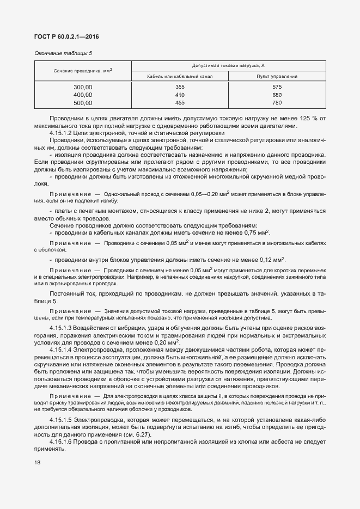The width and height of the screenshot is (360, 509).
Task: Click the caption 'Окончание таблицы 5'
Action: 63,53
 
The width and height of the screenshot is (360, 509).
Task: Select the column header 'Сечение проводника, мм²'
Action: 83,71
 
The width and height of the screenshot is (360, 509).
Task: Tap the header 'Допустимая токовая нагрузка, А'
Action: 228,65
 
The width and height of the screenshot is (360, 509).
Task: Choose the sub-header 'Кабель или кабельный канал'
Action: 180,77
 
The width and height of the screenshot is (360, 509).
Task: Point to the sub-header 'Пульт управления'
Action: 277,77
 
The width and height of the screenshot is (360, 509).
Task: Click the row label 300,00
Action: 83,87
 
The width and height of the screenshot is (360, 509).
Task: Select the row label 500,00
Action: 83,102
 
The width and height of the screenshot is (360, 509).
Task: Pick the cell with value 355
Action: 180,87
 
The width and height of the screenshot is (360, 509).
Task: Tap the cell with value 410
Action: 180,95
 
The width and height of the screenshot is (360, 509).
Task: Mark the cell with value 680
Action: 277,95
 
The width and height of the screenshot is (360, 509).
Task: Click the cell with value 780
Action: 277,102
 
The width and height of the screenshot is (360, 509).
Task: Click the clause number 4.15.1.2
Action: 62,133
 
